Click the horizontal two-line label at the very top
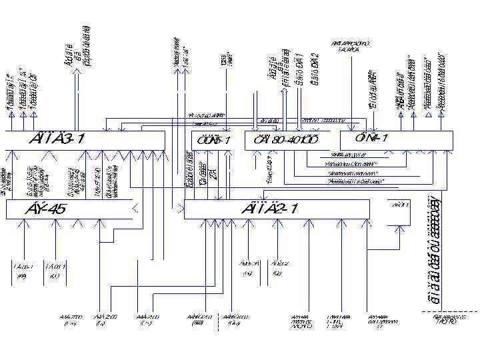tap(349, 46)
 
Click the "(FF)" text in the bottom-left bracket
tap(22, 276)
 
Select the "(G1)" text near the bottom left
tap(55, 276)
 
